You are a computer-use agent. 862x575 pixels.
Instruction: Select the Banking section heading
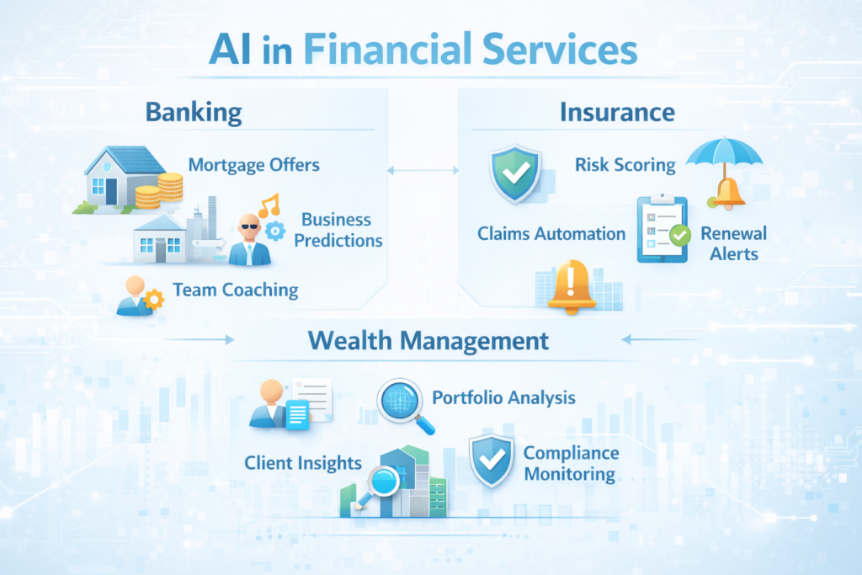193,112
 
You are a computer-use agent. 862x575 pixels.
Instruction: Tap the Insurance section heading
617,112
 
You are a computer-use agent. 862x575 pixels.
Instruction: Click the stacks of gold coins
159,190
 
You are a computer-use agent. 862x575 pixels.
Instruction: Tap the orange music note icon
269,205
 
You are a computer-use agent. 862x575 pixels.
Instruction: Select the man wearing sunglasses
249,240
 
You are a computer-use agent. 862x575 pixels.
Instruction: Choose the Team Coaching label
236,290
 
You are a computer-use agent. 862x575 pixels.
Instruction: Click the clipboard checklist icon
662,229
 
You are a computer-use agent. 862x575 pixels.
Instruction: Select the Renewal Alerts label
733,243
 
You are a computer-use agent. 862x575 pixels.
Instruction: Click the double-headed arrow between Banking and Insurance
423,171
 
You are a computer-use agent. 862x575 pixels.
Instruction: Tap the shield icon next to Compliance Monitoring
492,460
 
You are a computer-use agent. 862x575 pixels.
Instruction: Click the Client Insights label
303,462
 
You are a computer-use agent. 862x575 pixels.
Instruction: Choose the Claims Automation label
551,233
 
